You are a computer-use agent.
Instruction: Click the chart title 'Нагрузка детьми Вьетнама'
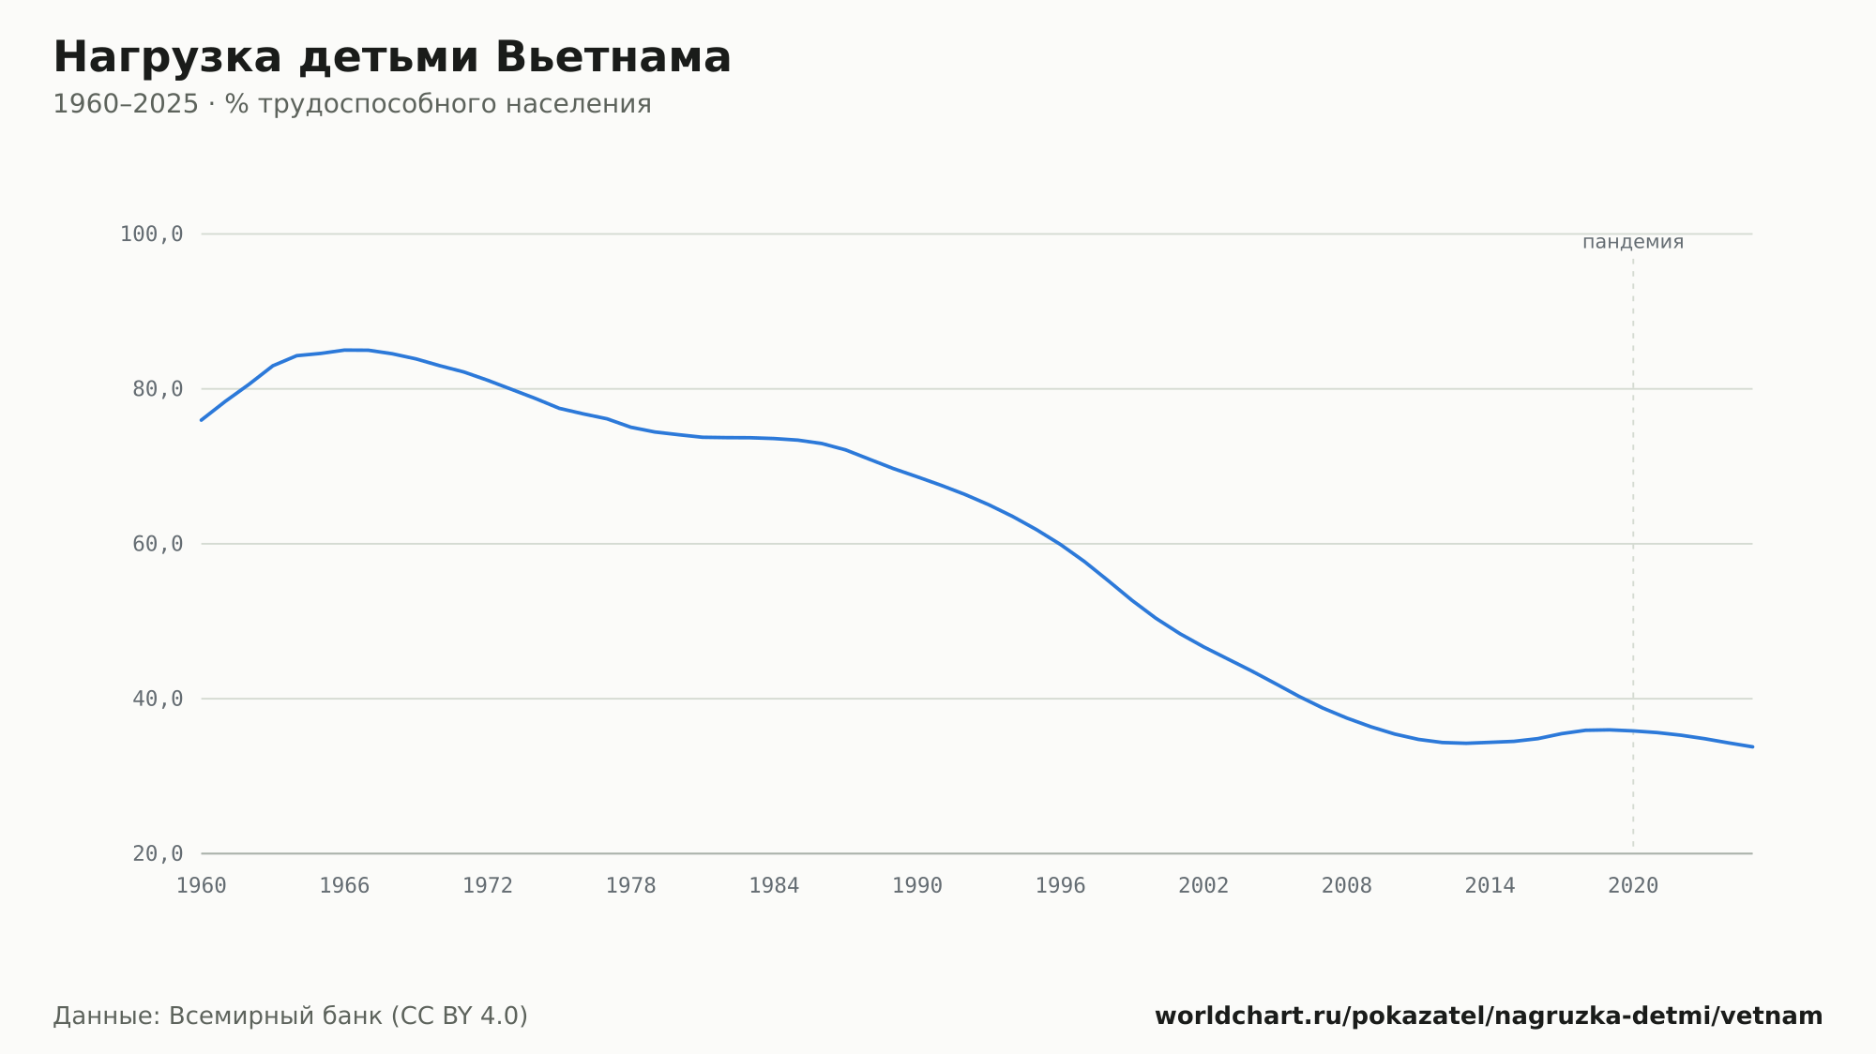[x=392, y=57]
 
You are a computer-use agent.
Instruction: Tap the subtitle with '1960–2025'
[x=352, y=104]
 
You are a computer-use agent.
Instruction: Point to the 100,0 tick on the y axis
[x=151, y=234]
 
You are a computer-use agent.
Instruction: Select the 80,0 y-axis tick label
[x=158, y=389]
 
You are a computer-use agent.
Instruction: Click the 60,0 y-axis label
[x=158, y=544]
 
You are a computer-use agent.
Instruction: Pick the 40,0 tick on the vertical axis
[x=158, y=699]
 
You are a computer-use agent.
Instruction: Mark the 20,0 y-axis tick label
[x=158, y=853]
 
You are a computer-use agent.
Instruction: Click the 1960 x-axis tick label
[x=202, y=886]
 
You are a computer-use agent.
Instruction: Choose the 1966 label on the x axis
[x=344, y=886]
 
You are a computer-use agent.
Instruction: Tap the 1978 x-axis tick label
[x=630, y=886]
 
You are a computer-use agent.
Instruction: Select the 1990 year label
[x=917, y=886]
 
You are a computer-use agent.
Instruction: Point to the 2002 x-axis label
[x=1203, y=886]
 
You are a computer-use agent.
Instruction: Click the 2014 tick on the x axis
[x=1490, y=886]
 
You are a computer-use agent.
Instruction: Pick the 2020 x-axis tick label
[x=1633, y=886]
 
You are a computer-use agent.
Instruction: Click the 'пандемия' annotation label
[x=1633, y=242]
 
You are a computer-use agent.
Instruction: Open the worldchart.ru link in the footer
[x=1489, y=1016]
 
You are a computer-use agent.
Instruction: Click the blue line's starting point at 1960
[x=202, y=420]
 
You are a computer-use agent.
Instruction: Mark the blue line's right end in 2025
[x=1752, y=746]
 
